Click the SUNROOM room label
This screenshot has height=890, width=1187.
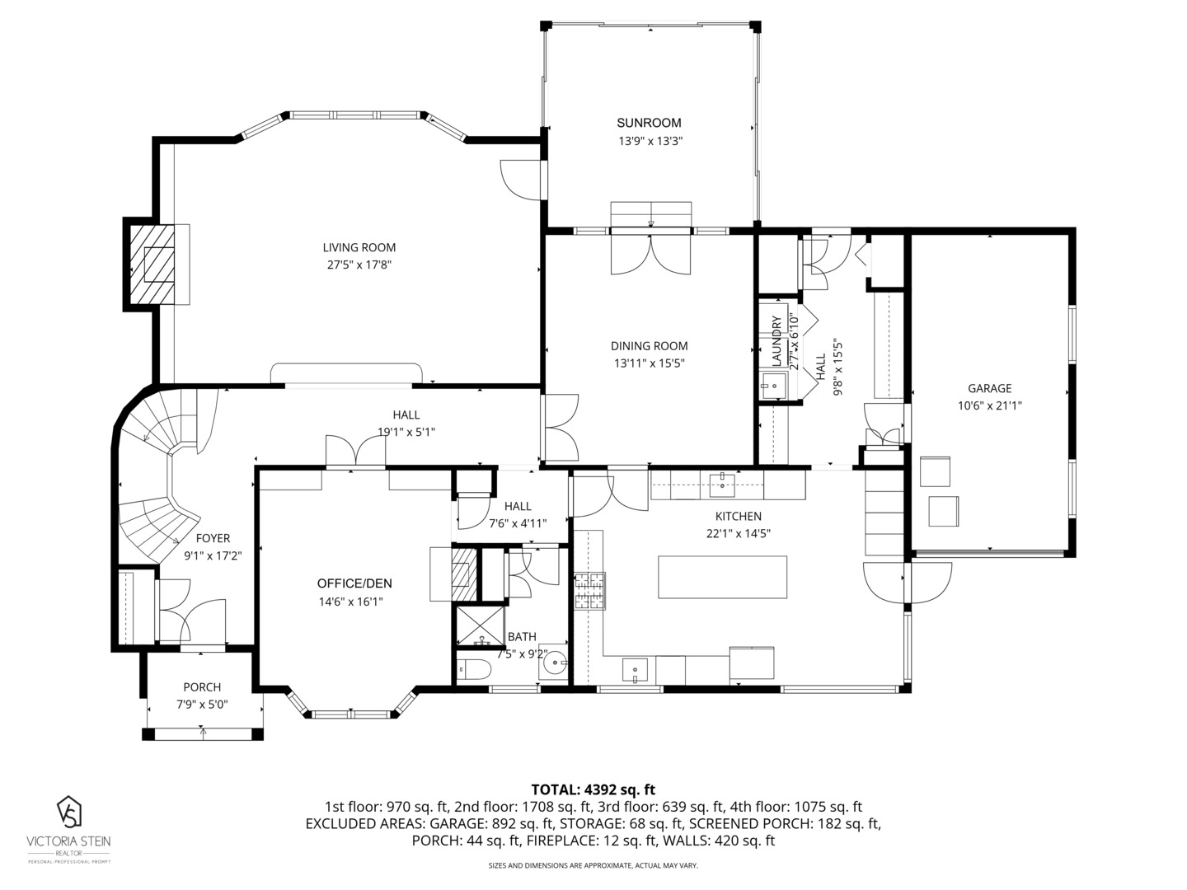649,123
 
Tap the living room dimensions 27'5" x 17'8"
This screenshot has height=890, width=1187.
359,265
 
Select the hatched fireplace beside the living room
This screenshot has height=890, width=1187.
152,265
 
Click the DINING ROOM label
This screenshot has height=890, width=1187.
649,346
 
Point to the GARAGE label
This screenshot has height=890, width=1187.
990,388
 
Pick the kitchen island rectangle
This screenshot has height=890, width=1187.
722,577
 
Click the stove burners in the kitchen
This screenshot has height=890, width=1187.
590,591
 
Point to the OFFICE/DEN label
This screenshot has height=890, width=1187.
354,583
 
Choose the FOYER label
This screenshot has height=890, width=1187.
213,538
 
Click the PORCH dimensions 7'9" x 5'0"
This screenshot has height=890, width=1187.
202,705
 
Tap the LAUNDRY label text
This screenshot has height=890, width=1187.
776,341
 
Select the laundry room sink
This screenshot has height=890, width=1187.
772,386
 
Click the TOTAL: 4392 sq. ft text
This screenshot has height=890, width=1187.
593,790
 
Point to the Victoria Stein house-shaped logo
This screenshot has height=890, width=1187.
69,812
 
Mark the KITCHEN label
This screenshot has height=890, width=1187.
738,516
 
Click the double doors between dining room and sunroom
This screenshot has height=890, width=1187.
650,254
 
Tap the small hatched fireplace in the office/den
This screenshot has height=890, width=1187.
464,574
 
